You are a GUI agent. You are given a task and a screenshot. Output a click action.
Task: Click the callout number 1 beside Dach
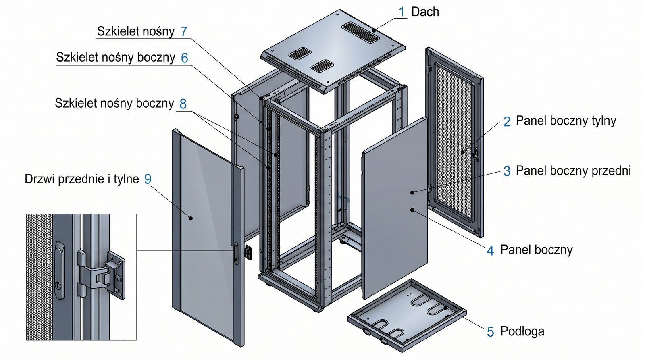tap(402, 12)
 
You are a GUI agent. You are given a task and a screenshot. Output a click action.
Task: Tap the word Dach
tap(425, 12)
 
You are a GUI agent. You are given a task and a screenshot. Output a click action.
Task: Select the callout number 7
tap(184, 31)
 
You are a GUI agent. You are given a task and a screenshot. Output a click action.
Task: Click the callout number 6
tap(184, 58)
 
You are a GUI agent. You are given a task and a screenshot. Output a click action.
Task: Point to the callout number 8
tap(183, 104)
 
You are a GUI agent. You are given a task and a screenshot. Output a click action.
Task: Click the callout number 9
tap(148, 179)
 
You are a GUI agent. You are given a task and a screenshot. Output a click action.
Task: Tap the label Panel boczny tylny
tap(566, 121)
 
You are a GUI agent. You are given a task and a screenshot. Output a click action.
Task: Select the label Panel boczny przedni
tap(573, 171)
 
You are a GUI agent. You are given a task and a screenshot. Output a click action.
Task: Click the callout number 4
tap(490, 251)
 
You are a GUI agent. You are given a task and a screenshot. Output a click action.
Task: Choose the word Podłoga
tap(522, 331)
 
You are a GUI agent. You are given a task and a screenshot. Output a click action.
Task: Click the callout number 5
tap(490, 332)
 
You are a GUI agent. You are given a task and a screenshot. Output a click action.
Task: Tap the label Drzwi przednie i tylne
tap(82, 179)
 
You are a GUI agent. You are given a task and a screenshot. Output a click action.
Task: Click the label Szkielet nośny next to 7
tap(136, 31)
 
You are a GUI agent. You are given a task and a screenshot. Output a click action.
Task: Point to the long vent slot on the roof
tap(360, 31)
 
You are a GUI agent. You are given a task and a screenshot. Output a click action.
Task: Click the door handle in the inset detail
tap(59, 270)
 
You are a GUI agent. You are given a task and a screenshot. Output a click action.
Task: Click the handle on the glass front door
tap(236, 254)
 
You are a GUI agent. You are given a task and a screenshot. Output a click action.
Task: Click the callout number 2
tap(507, 121)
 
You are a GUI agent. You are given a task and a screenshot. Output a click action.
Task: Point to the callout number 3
tap(507, 171)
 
